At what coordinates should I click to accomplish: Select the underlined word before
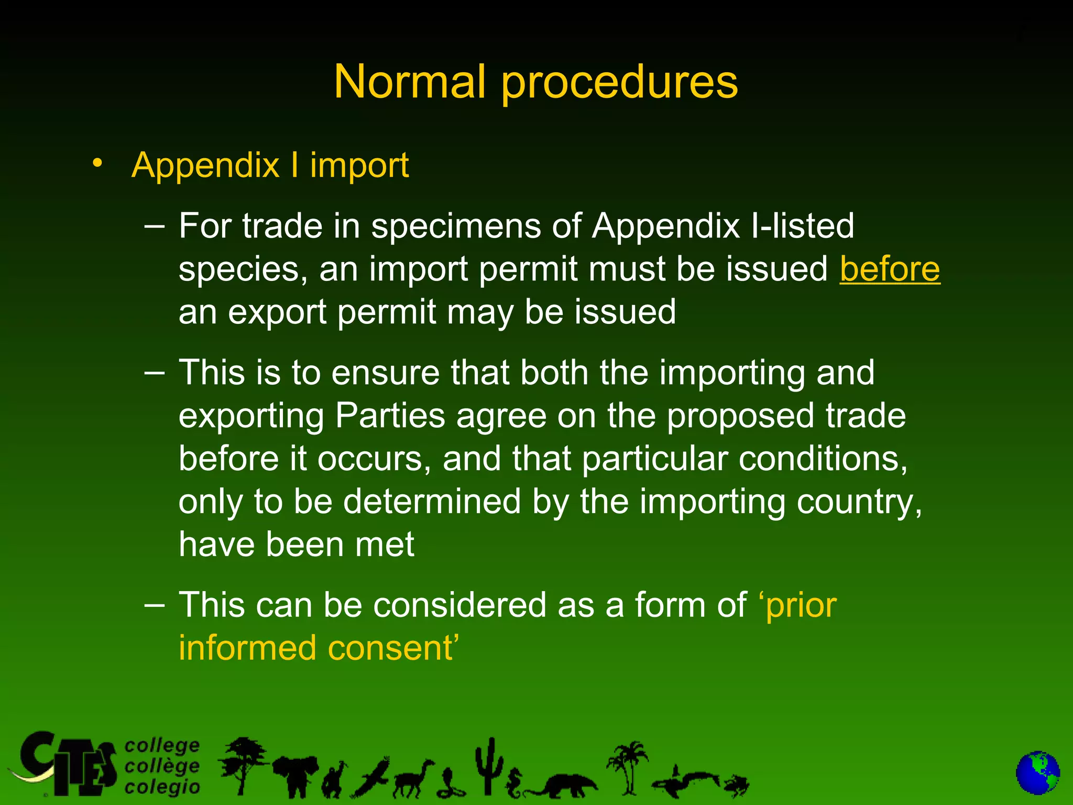pos(890,269)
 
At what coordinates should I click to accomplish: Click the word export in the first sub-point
pos(277,313)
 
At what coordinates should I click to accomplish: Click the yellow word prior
pos(801,606)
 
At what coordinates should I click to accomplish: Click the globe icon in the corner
pos(1037,774)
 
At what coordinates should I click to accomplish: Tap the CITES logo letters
pos(68,765)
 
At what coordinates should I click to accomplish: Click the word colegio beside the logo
pos(162,787)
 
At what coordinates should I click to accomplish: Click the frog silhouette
pos(736,785)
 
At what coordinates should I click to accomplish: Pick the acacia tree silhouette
pos(242,763)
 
